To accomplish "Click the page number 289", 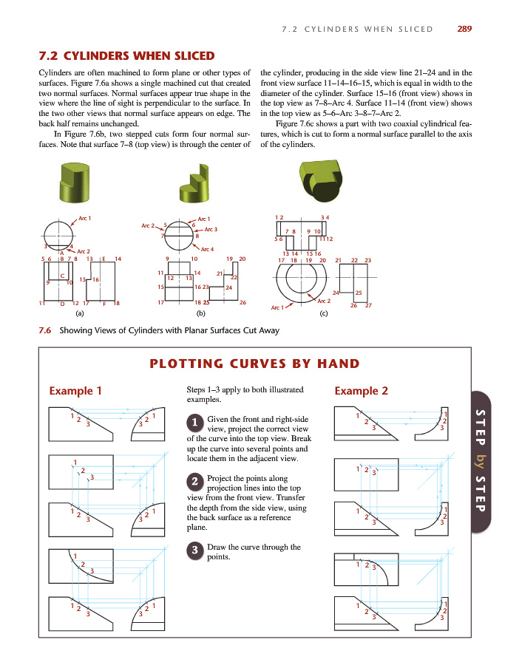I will coord(464,29).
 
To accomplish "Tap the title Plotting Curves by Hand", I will coord(254,364).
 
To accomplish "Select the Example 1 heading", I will coord(75,390).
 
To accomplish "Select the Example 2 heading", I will coord(362,390).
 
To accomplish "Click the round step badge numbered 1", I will coord(194,422).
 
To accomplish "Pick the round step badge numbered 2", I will coord(194,482).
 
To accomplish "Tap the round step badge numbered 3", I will coord(194,550).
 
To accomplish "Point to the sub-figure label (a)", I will coord(69,314).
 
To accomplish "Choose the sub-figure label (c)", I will coord(323,314).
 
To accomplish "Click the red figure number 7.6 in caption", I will coord(45,330).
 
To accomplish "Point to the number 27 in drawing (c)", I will coord(368,305).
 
